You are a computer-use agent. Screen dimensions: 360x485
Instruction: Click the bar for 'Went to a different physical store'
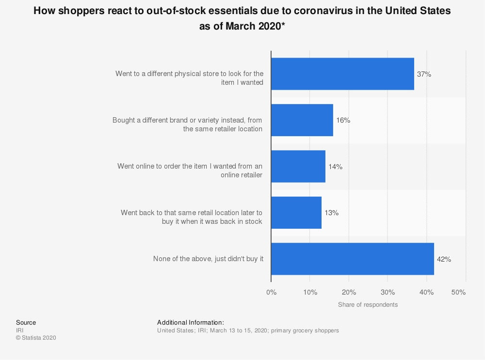coord(342,74)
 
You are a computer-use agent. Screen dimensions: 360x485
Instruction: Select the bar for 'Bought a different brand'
coord(302,120)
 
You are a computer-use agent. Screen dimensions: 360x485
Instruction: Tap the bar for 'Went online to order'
coord(298,166)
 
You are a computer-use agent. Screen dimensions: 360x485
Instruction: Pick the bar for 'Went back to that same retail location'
coord(296,213)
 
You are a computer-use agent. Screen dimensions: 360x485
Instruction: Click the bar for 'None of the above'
coord(353,259)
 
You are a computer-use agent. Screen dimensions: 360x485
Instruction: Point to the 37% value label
coord(424,74)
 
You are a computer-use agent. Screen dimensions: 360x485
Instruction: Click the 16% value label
coord(343,120)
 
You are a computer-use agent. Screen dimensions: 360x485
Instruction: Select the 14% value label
coord(335,167)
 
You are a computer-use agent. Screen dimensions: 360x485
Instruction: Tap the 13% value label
coord(331,213)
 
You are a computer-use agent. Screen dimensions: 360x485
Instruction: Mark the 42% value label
coord(444,259)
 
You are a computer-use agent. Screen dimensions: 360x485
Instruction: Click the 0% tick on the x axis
coord(271,292)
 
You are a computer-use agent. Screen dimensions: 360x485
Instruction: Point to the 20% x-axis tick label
coord(349,292)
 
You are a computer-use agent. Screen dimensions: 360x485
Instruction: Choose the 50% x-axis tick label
coord(458,292)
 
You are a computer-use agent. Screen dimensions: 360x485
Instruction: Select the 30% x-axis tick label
coord(388,292)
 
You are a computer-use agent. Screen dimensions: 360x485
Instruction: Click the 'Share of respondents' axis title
coord(368,305)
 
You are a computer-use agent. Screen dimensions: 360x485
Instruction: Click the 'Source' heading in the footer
coord(26,322)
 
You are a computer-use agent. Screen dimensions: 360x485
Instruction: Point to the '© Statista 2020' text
coord(36,338)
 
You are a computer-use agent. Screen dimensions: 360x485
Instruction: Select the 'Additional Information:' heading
coord(191,322)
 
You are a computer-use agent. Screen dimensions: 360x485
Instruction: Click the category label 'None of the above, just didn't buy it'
coord(208,259)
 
